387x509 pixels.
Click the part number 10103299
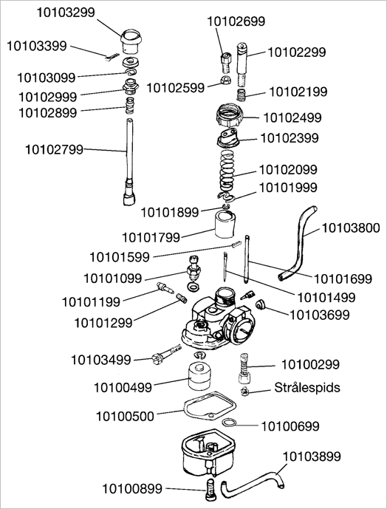pos(66,13)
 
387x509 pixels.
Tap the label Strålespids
pos(307,387)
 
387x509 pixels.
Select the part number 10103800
pos(351,228)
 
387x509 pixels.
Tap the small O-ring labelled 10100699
pos(230,423)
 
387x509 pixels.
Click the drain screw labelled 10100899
pos(210,489)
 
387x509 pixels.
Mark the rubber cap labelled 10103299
pos(131,41)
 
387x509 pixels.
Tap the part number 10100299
pos(310,364)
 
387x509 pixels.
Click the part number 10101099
pos(113,279)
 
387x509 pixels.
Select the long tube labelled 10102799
pos(130,162)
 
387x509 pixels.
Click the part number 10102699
pos(236,21)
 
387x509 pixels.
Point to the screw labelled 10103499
pos(166,354)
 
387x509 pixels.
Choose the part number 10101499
pos(326,298)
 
